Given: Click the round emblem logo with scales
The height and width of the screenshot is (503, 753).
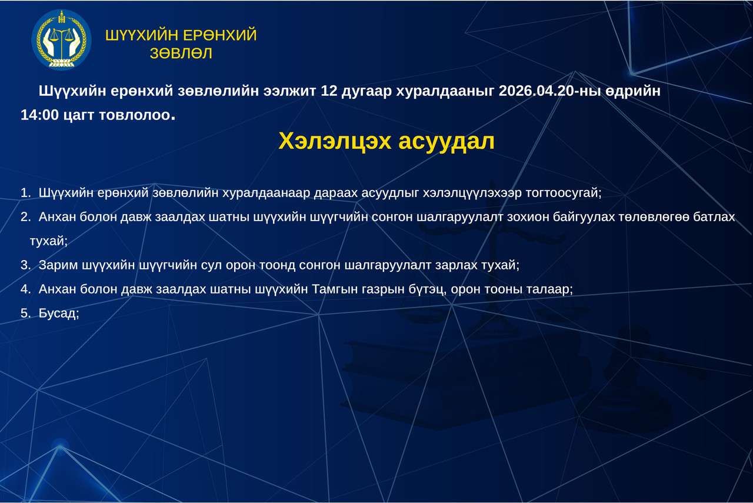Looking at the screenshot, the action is tap(61, 39).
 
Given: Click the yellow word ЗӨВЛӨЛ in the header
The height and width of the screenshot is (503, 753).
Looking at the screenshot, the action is tap(181, 54).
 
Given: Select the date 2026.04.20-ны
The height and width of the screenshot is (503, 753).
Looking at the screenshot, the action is tap(549, 91).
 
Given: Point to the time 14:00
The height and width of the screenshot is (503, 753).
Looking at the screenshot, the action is tap(39, 115).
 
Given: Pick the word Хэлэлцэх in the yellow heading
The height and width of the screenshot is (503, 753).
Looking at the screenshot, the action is tap(335, 141).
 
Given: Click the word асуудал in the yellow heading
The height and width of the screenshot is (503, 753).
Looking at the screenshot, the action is tap(447, 142).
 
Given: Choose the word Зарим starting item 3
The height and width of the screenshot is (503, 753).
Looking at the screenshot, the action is tap(58, 265).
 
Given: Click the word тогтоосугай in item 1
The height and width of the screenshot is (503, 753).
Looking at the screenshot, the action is tap(563, 193).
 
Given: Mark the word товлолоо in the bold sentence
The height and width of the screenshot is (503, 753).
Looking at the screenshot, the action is tap(135, 115).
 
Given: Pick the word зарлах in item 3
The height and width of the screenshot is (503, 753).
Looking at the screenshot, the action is tap(456, 265).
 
